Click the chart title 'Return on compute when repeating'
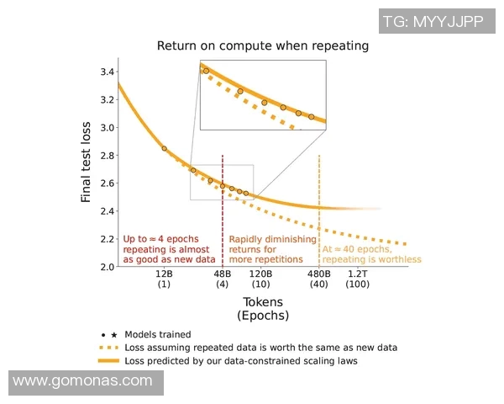point(263,45)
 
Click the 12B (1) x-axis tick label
point(164,279)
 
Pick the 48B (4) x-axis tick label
point(223,279)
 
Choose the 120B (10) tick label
point(260,279)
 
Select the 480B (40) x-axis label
point(319,279)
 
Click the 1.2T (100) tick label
point(358,279)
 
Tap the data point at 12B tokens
point(164,148)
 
